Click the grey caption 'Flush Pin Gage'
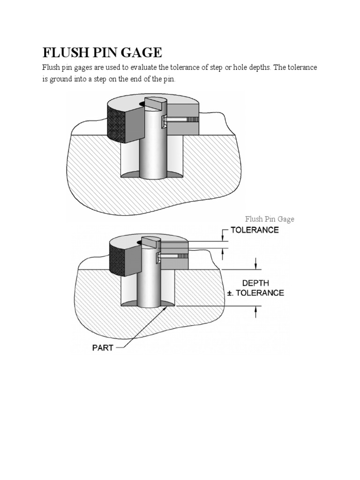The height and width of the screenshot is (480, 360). [x=270, y=219]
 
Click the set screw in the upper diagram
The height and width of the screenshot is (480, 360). [x=178, y=120]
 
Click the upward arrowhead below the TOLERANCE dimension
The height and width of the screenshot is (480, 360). [x=223, y=251]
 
